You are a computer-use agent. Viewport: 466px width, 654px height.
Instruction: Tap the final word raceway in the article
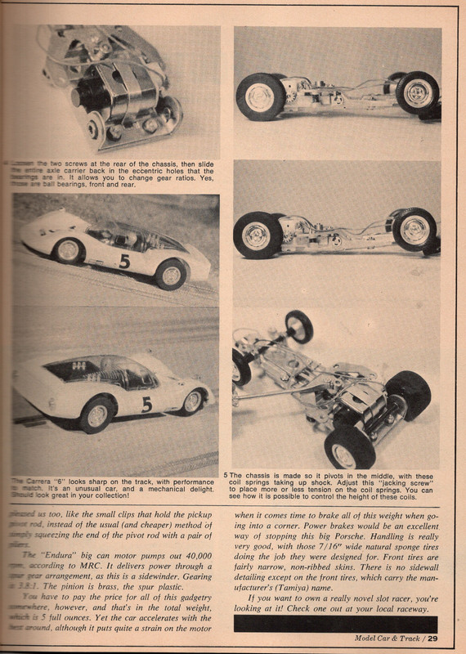click(418, 612)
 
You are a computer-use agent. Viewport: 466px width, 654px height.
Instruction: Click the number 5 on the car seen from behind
click(146, 404)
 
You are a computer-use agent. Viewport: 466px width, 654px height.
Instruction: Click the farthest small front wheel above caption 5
click(298, 326)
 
